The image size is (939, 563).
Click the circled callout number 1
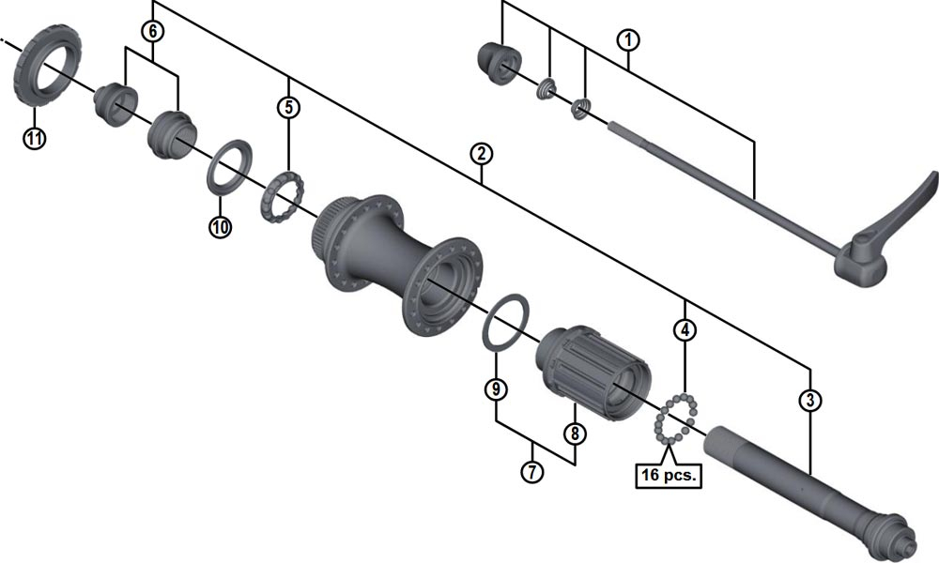point(628,40)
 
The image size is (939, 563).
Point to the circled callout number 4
point(687,330)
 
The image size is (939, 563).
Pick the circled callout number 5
point(288,107)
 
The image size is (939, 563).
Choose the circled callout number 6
point(152,31)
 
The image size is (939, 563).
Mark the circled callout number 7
point(532,472)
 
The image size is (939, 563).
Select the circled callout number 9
point(495,387)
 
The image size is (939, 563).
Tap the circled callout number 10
point(220,226)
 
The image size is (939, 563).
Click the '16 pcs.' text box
point(668,475)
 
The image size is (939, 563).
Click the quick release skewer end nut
point(497,62)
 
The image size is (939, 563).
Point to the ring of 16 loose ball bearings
point(677,419)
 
